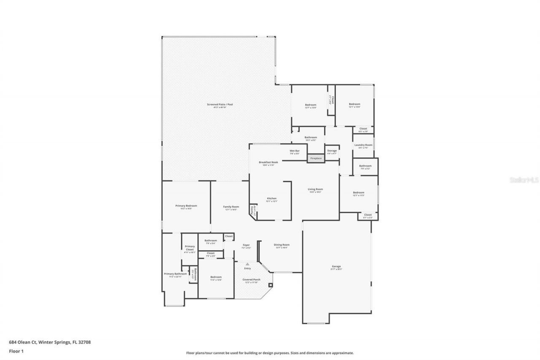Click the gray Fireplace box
tap(316, 158)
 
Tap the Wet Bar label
tap(294, 151)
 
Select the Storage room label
tap(332, 151)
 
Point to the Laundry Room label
tap(363, 145)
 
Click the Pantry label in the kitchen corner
tap(252, 210)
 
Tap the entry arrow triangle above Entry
tap(247, 264)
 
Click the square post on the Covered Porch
tap(270, 285)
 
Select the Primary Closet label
tap(189, 248)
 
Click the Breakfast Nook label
tap(268, 162)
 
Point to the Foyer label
tap(246, 245)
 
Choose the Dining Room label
tap(281, 245)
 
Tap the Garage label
tap(336, 266)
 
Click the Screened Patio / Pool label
tap(220, 104)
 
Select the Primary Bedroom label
tap(186, 206)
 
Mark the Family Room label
tap(231, 206)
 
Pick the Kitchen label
tap(272, 198)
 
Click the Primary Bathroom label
tap(175, 274)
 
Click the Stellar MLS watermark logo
tap(524, 180)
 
